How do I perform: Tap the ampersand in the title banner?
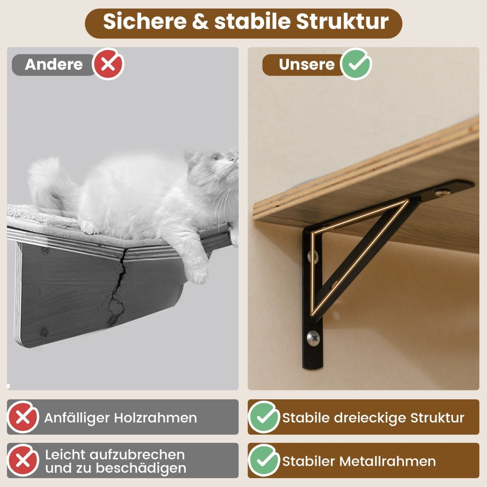(200, 22)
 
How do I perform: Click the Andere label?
(54, 65)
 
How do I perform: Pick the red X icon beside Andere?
(108, 64)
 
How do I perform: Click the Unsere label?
(307, 65)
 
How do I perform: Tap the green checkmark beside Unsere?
(356, 64)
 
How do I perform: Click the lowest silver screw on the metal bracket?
(313, 338)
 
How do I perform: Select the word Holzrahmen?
(155, 418)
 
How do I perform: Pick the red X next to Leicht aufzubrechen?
(23, 461)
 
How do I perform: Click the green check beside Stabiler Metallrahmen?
(264, 461)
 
